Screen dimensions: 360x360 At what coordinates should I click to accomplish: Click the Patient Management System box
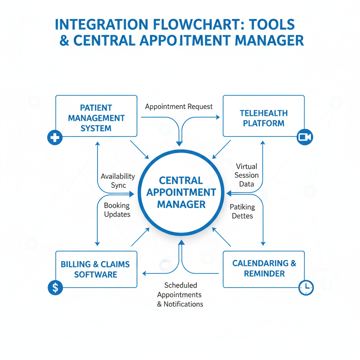pos(96,116)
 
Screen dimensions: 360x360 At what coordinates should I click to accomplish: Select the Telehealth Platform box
pos(264,116)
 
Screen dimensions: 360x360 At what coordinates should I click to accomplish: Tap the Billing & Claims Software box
pos(96,269)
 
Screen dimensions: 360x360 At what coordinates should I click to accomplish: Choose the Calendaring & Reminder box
pos(264,269)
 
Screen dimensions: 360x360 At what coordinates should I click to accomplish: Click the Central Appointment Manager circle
pos(181,192)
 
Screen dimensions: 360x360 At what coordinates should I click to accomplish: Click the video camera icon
pos(305,137)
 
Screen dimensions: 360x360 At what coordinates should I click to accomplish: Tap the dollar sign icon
pos(55,288)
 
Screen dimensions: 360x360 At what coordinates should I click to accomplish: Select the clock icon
pos(306,288)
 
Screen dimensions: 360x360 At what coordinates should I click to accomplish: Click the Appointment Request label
pos(179,107)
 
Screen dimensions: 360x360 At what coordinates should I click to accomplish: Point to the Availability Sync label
pos(118,181)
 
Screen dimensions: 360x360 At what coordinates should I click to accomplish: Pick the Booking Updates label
pos(117,210)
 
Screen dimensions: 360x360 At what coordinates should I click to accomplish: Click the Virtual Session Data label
pos(246,175)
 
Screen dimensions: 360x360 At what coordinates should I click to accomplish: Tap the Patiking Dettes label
pos(242,211)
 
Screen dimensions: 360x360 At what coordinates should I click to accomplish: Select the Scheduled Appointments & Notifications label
pos(180,295)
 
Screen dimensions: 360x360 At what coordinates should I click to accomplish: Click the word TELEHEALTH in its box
pos(264,113)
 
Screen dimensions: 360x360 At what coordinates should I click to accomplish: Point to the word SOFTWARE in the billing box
pos(96,274)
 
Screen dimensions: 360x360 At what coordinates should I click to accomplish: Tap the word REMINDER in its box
pos(264,274)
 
